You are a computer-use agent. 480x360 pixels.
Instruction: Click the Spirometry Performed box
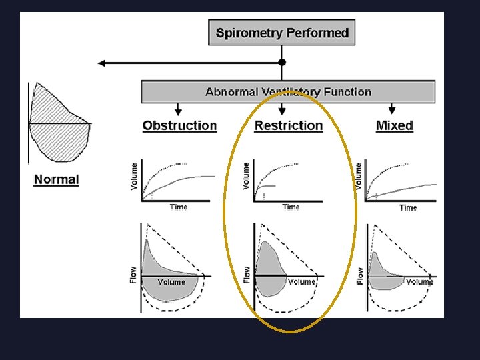click(281, 33)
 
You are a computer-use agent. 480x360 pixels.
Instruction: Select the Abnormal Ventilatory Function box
click(288, 92)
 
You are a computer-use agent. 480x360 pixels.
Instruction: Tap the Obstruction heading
click(179, 125)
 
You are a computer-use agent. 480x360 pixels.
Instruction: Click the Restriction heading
click(288, 125)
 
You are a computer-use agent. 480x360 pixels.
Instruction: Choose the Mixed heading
click(394, 125)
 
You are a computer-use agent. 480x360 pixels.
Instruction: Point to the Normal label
click(57, 179)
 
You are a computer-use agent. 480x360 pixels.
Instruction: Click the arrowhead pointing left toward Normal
click(102, 63)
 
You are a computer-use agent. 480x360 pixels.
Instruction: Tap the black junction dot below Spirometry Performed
click(282, 63)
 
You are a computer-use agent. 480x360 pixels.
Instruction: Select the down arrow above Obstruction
click(178, 109)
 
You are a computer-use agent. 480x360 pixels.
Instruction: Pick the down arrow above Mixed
click(392, 109)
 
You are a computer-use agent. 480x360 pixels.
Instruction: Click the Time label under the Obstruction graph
click(179, 207)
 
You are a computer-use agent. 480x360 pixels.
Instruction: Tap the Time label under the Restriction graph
click(291, 207)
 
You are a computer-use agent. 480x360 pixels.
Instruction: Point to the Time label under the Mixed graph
click(408, 207)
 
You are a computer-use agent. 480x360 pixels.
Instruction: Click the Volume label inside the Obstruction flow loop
click(171, 283)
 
